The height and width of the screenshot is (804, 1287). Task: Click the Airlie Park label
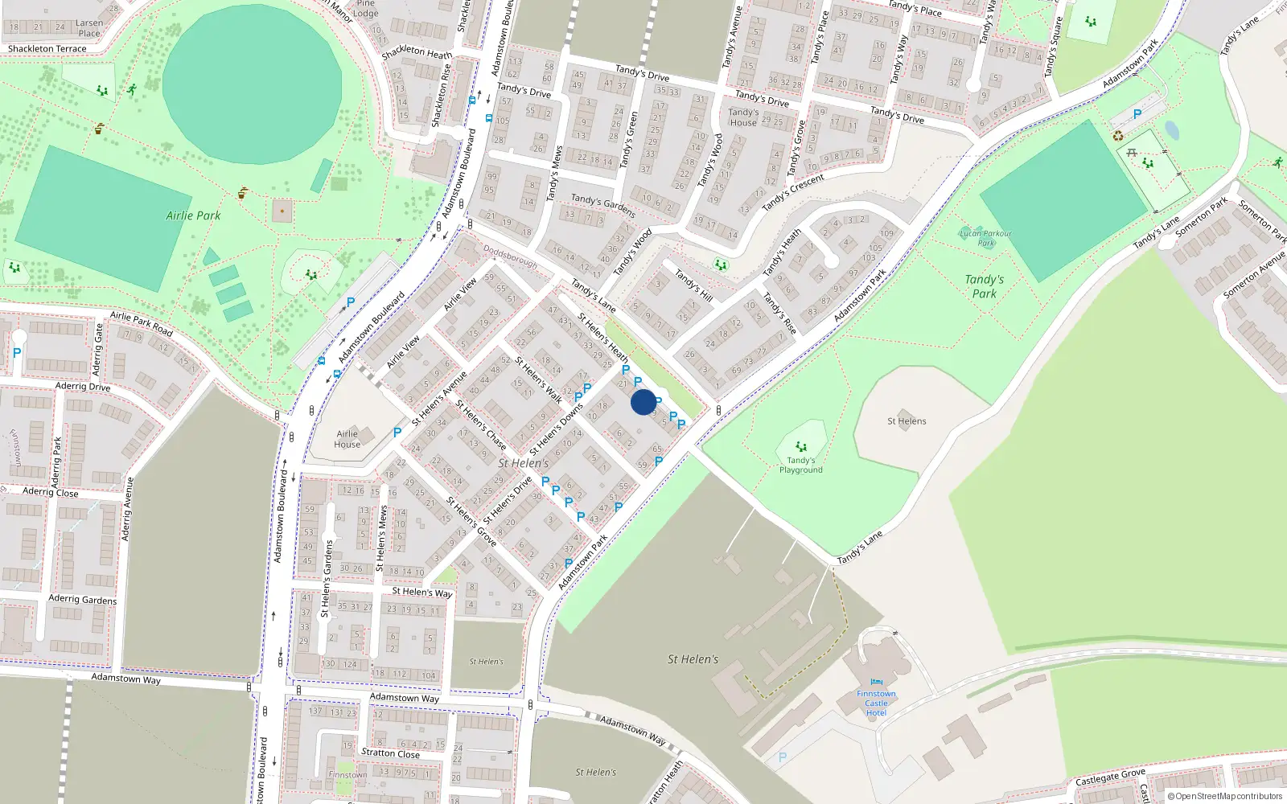click(193, 215)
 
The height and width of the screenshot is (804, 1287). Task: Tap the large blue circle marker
click(643, 402)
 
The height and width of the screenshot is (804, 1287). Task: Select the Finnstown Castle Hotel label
click(876, 703)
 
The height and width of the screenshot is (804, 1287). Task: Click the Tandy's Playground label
click(800, 465)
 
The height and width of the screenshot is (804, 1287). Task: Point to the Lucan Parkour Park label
click(985, 238)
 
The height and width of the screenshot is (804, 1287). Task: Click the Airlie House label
click(347, 439)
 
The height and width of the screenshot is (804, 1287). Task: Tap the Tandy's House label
click(742, 117)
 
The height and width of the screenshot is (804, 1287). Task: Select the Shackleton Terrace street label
click(47, 49)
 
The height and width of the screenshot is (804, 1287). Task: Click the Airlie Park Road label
click(142, 323)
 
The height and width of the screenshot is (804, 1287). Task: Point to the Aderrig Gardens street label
click(82, 599)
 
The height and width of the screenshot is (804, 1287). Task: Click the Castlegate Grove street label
click(1110, 777)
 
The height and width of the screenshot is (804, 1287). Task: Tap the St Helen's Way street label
click(421, 592)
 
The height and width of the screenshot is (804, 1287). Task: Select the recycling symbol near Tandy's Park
click(1117, 136)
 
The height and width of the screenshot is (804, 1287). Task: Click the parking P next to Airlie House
click(397, 433)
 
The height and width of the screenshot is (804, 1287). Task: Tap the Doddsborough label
click(510, 256)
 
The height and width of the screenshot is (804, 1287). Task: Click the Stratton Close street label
click(390, 753)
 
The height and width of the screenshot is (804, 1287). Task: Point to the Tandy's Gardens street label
click(603, 205)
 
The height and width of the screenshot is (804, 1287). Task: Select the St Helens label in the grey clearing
click(907, 421)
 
